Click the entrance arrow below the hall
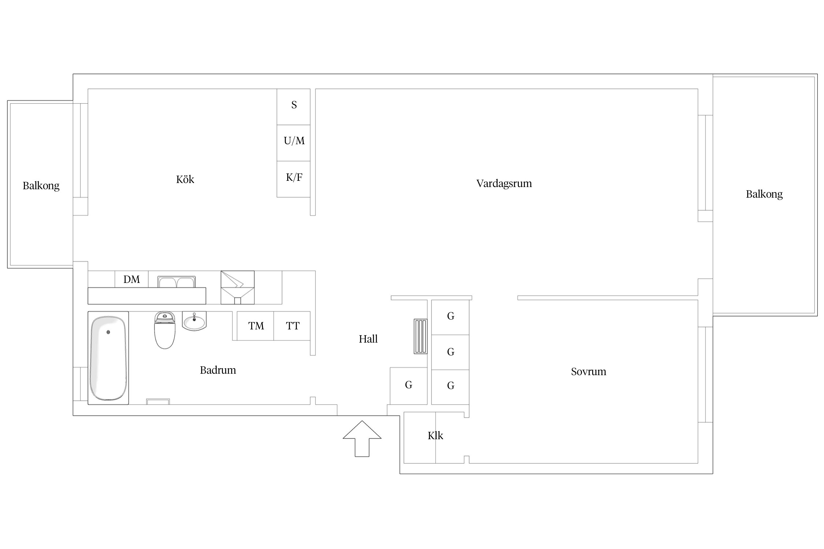[362, 439]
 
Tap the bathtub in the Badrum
[108, 358]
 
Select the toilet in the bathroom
[165, 330]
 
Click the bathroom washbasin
[194, 321]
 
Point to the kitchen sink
[177, 282]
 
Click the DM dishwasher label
[131, 280]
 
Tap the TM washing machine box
[255, 326]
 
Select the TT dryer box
[292, 326]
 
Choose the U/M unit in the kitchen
[294, 143]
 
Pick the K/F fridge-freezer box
[294, 179]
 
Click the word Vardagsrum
[504, 184]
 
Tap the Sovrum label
[589, 372]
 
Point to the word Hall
[368, 339]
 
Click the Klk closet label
[435, 436]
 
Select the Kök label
[185, 179]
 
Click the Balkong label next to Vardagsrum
[764, 194]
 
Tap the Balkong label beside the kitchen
[41, 186]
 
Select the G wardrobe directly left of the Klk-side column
[409, 386]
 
